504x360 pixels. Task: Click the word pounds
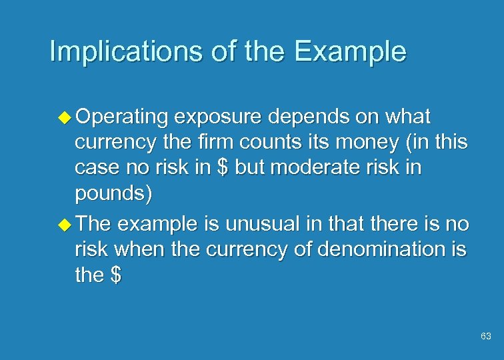click(114, 193)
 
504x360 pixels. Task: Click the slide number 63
click(485, 337)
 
